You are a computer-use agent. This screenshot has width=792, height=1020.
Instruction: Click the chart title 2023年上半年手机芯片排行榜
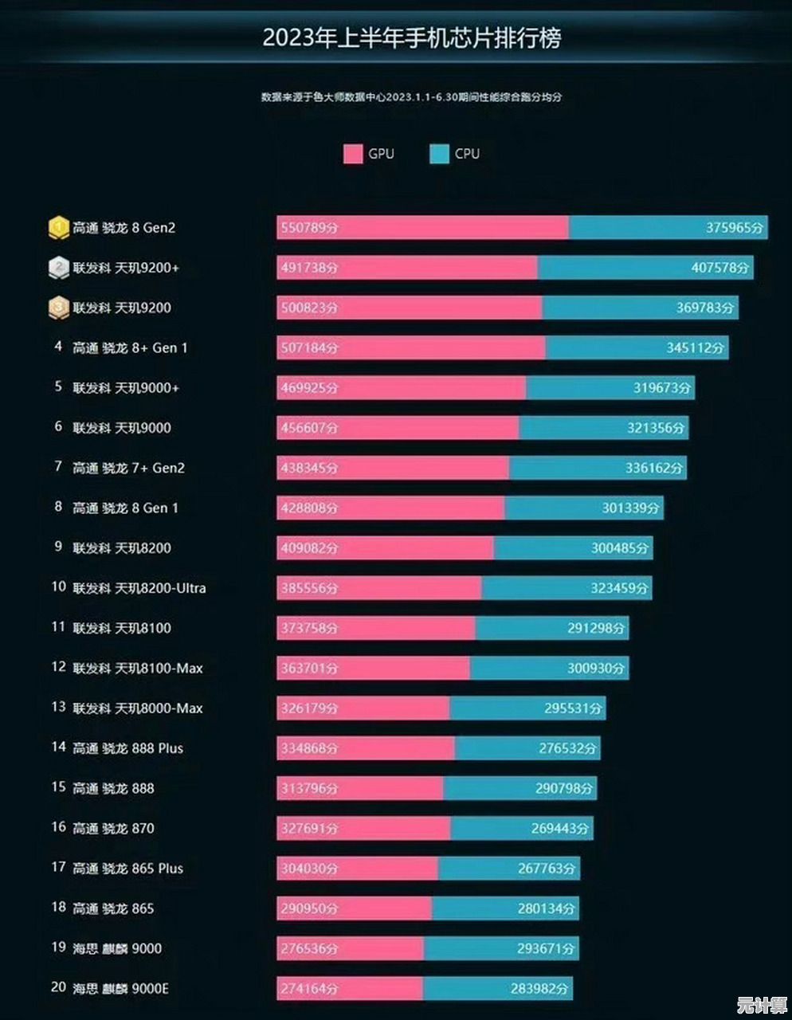point(412,38)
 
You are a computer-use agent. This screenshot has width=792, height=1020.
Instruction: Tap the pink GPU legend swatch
point(353,154)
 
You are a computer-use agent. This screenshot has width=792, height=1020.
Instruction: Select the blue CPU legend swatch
point(439,154)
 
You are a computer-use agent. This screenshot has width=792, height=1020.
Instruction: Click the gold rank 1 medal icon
point(58,228)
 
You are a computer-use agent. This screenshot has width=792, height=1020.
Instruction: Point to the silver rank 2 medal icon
point(58,268)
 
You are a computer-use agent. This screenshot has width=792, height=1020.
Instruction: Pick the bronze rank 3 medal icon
point(58,308)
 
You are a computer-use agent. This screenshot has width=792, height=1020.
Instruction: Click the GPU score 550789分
point(309,228)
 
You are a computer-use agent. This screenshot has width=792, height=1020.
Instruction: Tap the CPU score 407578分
point(720,268)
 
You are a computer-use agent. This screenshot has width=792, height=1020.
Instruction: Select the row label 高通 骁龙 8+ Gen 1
point(130,348)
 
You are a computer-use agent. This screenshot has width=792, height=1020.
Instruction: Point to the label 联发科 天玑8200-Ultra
point(139,588)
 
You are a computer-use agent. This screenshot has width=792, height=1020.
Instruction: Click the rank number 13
point(58,708)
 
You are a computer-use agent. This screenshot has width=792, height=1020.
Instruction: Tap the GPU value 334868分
point(309,748)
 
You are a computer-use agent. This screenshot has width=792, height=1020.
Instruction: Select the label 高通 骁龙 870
point(113,828)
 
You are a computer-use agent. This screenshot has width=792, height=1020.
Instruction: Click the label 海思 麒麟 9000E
point(120,988)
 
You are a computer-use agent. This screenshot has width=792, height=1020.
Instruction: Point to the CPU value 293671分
point(545,948)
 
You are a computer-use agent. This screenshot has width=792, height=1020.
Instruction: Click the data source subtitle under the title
point(411,97)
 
